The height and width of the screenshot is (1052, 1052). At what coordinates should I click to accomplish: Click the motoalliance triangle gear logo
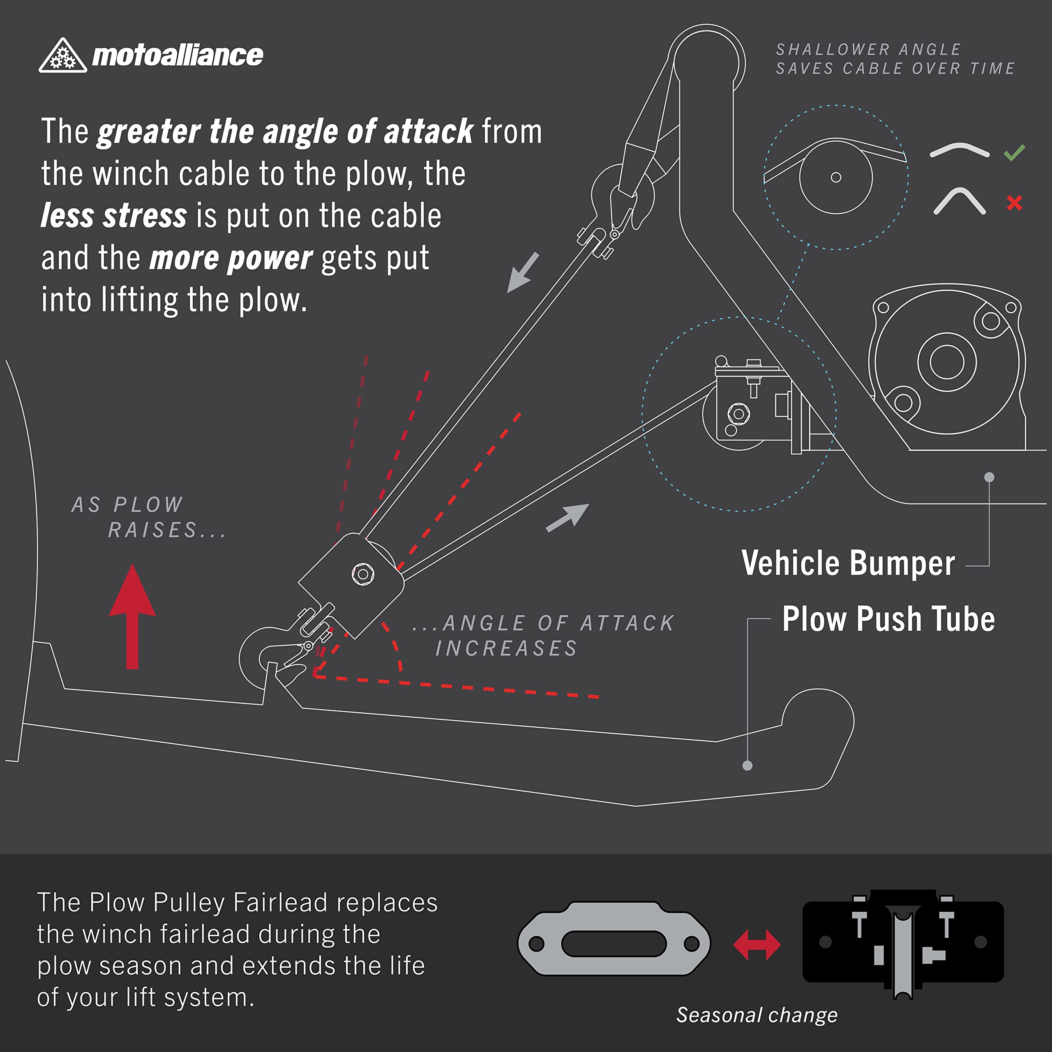(62, 55)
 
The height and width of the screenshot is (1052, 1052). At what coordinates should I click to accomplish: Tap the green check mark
(1015, 152)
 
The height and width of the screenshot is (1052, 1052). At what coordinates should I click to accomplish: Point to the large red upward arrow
(132, 616)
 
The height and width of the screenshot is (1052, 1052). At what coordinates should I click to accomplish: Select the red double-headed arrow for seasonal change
(757, 945)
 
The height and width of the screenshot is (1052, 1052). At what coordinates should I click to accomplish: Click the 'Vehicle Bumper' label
(848, 563)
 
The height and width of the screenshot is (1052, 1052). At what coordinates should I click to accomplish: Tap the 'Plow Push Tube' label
(888, 619)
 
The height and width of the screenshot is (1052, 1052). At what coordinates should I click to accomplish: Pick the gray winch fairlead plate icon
(614, 943)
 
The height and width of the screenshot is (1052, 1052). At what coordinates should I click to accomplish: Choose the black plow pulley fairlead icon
(903, 944)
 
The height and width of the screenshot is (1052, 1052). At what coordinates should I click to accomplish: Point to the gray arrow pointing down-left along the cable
(523, 273)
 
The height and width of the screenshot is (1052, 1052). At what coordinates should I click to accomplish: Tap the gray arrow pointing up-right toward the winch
(568, 518)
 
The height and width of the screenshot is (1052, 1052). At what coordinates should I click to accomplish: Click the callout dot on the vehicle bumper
(990, 477)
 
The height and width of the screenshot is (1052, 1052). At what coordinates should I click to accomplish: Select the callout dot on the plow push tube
(747, 766)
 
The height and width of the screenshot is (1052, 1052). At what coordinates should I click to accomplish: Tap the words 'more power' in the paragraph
(231, 258)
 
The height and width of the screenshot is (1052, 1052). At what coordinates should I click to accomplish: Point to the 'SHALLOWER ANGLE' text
(868, 50)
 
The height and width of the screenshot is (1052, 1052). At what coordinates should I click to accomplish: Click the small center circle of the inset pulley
(836, 178)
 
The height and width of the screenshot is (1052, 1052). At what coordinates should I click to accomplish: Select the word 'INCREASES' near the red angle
(506, 648)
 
